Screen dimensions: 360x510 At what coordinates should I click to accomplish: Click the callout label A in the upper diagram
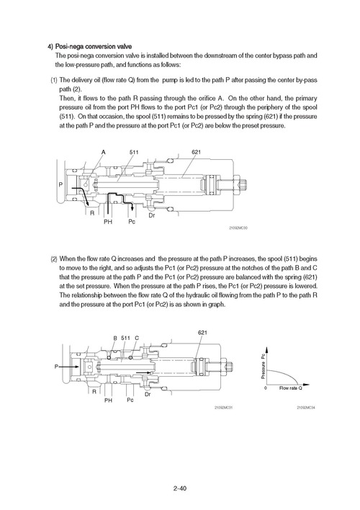[104, 152]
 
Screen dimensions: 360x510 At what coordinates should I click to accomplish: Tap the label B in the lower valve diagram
[115, 338]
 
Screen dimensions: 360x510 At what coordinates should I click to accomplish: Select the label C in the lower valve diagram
[137, 338]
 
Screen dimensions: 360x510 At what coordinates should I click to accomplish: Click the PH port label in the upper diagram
[108, 222]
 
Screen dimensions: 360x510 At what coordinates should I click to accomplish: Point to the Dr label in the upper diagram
[151, 215]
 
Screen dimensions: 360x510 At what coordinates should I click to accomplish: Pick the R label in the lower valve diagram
[94, 391]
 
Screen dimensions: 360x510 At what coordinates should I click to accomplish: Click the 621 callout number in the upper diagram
[196, 152]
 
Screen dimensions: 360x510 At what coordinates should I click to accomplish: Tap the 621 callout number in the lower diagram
[202, 332]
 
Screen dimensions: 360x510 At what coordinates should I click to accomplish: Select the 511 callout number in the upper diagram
[134, 152]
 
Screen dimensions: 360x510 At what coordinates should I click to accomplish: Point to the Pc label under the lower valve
[130, 400]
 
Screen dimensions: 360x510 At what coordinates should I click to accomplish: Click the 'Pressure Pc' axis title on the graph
[263, 366]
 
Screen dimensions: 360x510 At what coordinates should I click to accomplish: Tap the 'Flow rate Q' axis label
[290, 388]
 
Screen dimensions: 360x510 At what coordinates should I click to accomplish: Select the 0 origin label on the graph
[266, 388]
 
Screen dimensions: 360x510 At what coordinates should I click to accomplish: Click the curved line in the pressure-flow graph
[286, 373]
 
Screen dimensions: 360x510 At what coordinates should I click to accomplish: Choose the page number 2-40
[180, 488]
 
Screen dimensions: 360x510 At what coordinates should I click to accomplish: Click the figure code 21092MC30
[238, 228]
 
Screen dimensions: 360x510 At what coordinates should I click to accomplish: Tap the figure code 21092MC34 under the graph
[306, 408]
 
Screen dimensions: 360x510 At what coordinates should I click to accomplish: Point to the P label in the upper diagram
[60, 184]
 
